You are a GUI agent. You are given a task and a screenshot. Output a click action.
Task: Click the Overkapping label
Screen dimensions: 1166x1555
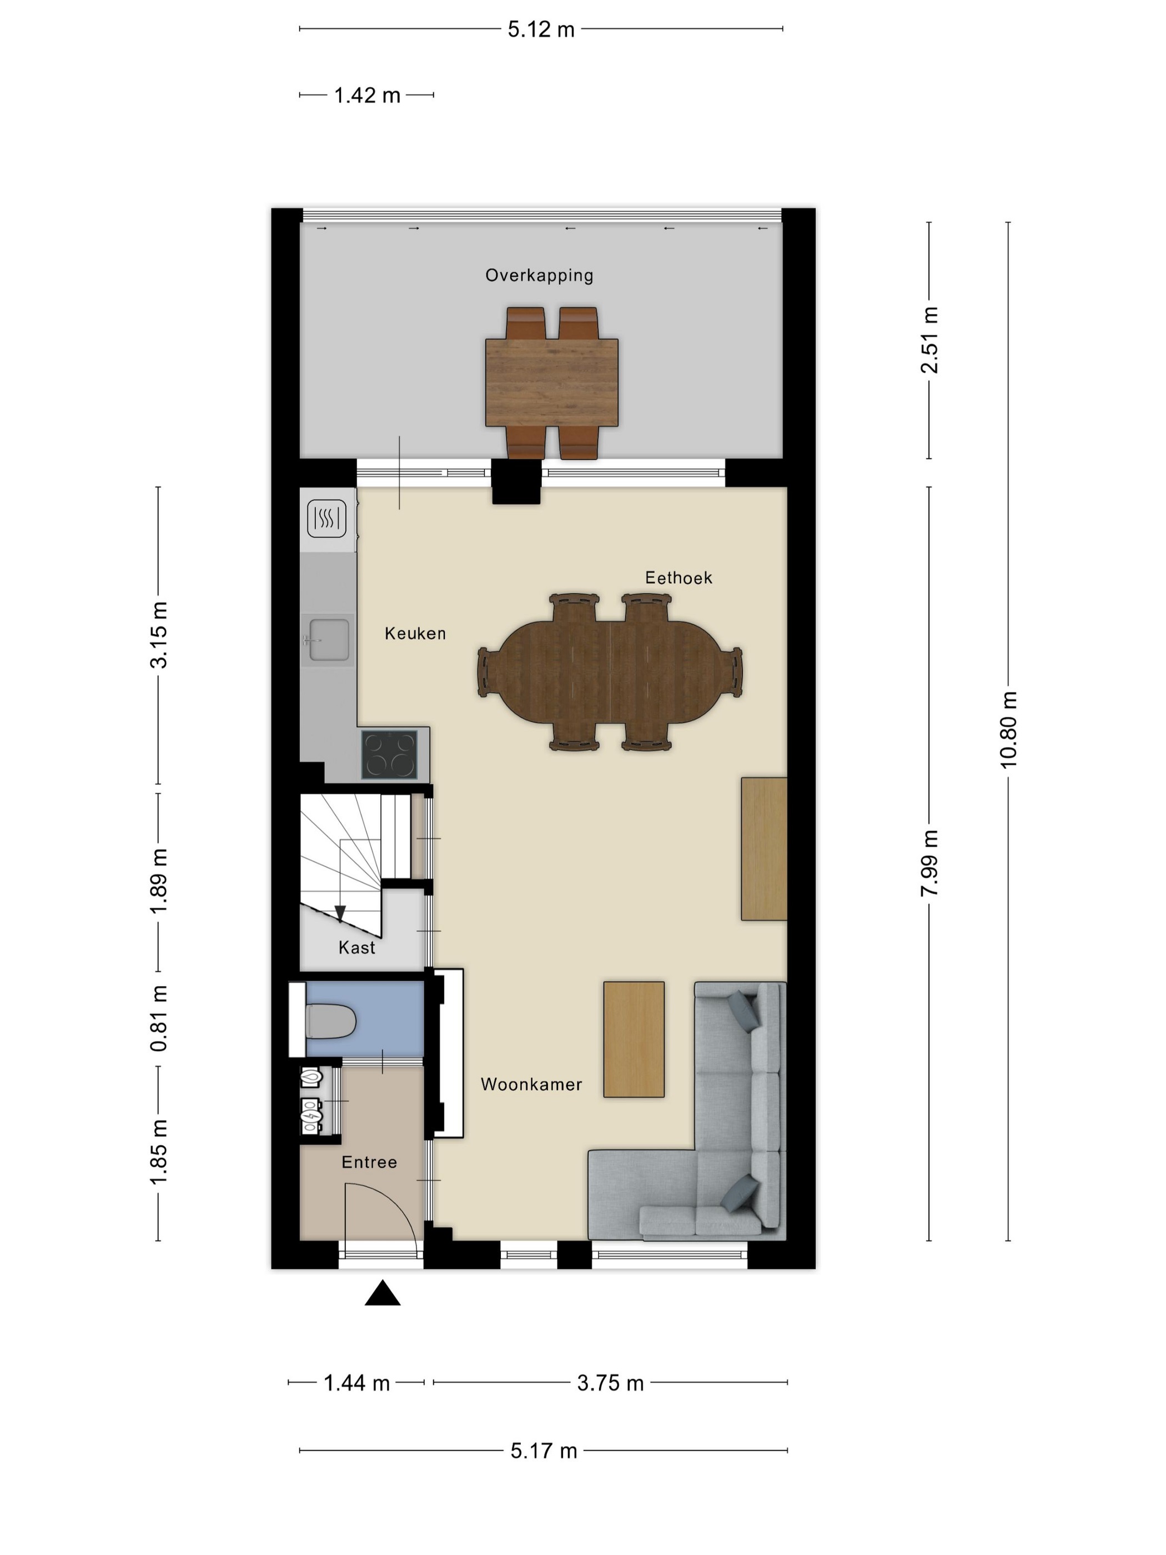point(539,275)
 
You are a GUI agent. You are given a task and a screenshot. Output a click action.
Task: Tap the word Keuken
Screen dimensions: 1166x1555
point(415,634)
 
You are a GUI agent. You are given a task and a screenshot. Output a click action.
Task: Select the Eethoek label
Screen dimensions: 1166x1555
point(679,578)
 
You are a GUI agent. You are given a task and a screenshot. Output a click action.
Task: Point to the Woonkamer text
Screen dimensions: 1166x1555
point(531,1084)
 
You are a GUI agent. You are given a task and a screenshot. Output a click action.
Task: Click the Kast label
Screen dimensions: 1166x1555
point(357,947)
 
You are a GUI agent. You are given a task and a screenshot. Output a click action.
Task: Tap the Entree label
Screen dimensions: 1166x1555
point(369,1162)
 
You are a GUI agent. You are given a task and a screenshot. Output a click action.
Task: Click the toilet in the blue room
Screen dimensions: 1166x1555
point(331,1021)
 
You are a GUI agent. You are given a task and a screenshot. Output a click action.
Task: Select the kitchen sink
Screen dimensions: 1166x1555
point(328,640)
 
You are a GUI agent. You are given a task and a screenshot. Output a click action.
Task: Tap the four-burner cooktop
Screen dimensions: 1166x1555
point(389,754)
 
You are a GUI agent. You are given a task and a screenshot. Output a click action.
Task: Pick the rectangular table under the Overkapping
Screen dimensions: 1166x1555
point(552,383)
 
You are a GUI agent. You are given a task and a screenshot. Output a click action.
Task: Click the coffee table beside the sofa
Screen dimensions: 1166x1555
point(634,1039)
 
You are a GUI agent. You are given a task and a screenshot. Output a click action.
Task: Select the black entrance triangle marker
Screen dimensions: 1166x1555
point(383,1293)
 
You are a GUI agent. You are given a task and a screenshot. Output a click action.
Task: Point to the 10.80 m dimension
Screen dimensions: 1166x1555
point(1008,730)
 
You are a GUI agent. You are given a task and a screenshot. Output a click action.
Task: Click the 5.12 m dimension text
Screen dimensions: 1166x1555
point(541,29)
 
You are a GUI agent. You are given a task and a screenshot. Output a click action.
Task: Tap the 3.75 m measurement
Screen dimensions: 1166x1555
point(610,1383)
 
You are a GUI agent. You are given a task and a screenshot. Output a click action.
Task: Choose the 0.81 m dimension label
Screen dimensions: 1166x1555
point(159,1018)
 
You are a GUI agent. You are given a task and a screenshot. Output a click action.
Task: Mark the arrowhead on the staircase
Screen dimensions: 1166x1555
point(340,914)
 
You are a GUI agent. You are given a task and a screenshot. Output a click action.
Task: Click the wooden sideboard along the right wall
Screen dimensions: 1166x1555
point(764,849)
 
